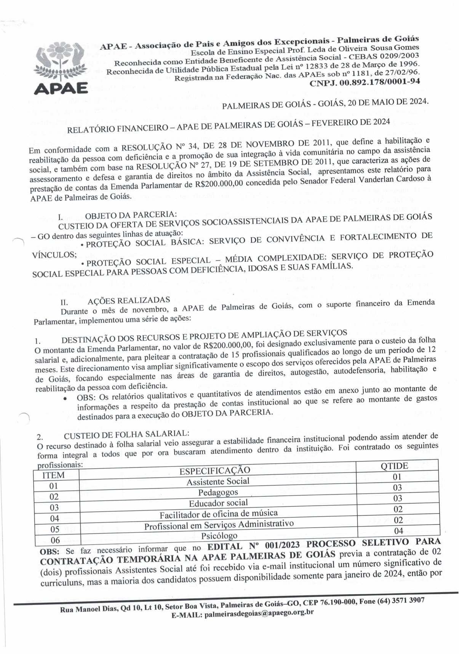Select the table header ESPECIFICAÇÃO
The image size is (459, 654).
pyautogui.click(x=215, y=471)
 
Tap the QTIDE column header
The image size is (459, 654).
pyautogui.click(x=394, y=466)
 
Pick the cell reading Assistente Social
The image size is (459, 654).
pyautogui.click(x=218, y=482)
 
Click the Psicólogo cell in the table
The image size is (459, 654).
pyautogui.click(x=219, y=536)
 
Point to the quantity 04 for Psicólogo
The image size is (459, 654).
pyautogui.click(x=398, y=531)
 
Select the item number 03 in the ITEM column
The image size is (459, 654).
pyautogui.click(x=54, y=507)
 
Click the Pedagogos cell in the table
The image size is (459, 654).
pyautogui.click(x=218, y=493)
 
